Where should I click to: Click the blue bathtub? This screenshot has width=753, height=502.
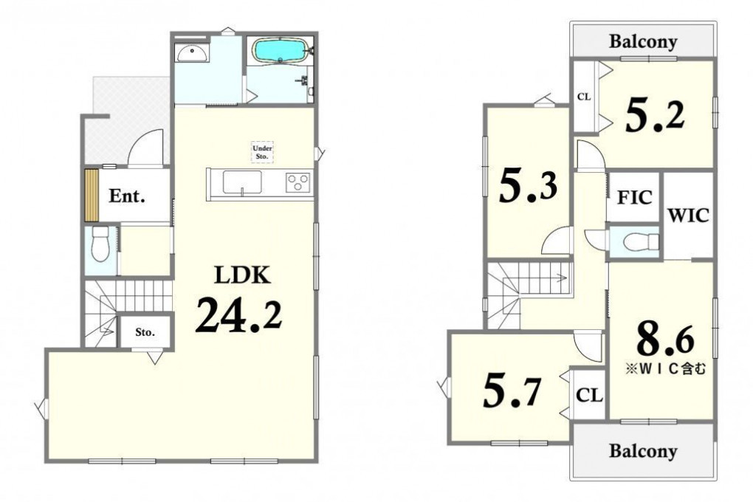[x=281, y=50]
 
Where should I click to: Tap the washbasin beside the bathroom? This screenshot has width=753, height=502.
[x=192, y=53]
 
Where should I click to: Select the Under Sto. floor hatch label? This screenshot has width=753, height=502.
[x=263, y=152]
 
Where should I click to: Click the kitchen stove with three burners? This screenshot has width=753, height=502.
[x=298, y=183]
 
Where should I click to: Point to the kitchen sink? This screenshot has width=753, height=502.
[x=243, y=182]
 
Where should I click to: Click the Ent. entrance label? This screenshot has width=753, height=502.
[x=127, y=196]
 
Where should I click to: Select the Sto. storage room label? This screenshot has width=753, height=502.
[x=145, y=332]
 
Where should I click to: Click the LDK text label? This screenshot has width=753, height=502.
[x=243, y=275]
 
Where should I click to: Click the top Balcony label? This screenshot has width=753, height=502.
[x=643, y=42]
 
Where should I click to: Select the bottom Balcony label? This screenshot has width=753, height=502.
[x=643, y=451]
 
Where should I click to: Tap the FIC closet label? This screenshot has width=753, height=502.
[x=634, y=197]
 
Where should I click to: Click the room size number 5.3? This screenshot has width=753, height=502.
[x=529, y=186]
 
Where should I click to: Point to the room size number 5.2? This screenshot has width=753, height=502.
[x=656, y=115]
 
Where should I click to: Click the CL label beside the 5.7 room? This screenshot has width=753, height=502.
[x=589, y=396]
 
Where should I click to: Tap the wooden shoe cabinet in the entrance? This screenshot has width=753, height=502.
[x=92, y=195]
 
